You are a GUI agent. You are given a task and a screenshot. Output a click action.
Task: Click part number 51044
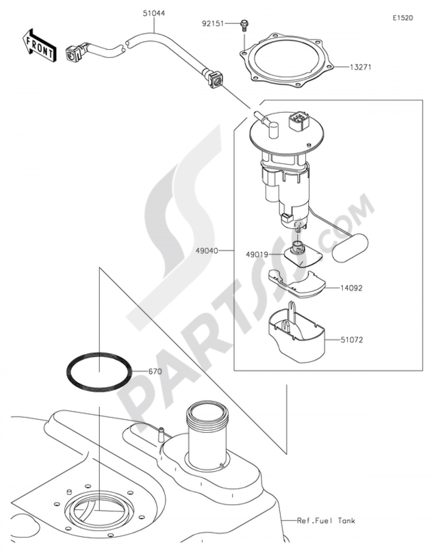coord(154,13)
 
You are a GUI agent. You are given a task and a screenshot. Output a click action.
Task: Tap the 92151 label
coord(213,24)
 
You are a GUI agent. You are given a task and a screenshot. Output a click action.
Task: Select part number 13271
coord(360,67)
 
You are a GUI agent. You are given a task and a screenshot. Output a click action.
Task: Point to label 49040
coord(207,250)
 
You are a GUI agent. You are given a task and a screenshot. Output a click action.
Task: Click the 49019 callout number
coord(257,255)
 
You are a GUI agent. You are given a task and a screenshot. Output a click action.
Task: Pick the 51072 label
coord(352,340)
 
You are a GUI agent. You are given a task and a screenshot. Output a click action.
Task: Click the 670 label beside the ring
coord(155,372)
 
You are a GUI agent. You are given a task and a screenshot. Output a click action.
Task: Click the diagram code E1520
coord(403,18)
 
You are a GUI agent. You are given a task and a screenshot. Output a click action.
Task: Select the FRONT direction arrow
coord(39,46)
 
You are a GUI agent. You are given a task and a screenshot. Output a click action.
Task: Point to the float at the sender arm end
coord(350,247)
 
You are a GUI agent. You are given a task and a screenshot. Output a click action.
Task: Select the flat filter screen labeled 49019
coord(303,256)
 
